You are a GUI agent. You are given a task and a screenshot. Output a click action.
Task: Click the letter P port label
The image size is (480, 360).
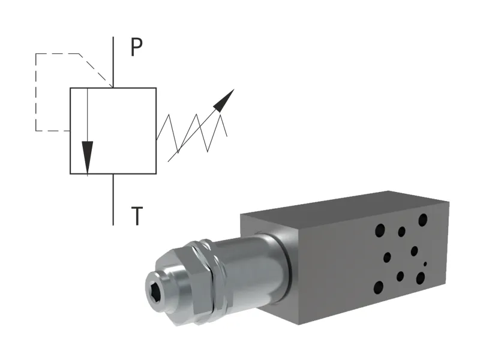tap(137, 48)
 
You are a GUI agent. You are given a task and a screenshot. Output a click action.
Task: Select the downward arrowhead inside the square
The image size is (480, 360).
tap(88, 156)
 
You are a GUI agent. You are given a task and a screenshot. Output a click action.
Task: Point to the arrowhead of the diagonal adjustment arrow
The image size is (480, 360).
tap(224, 100)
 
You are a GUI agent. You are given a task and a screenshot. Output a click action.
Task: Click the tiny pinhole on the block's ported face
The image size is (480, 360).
tap(425, 263)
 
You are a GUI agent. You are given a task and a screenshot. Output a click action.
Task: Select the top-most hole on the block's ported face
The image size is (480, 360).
tap(423, 219)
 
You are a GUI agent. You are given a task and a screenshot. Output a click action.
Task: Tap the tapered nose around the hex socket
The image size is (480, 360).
tap(171, 282)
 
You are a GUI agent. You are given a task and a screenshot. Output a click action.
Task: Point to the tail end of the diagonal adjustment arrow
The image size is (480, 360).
tap(169, 160)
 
